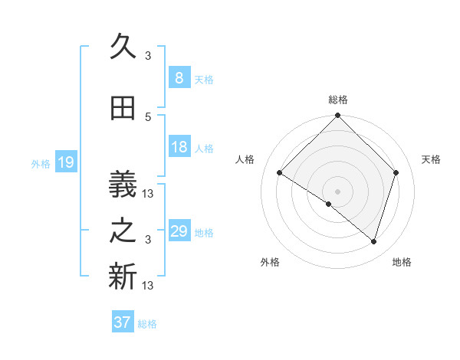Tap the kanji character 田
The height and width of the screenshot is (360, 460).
click(123, 110)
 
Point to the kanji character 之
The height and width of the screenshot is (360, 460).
click(123, 232)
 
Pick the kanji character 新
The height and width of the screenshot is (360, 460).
click(123, 277)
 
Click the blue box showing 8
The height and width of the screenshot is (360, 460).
click(179, 78)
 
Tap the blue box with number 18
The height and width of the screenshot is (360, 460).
click(179, 148)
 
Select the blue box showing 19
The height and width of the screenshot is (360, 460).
click(65, 162)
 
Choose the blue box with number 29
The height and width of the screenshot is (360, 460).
click(179, 232)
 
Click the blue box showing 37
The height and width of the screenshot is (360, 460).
click(122, 322)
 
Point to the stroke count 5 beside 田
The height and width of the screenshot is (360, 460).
click(148, 116)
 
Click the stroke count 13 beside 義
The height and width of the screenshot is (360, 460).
click(149, 193)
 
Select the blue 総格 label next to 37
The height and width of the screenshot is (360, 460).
click(147, 324)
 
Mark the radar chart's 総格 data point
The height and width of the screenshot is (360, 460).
click(337, 116)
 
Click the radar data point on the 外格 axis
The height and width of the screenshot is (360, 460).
click(329, 204)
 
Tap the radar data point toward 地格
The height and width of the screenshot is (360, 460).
click(373, 241)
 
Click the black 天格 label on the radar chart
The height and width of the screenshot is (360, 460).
click(432, 159)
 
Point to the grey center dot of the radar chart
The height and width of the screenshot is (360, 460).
click(337, 191)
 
